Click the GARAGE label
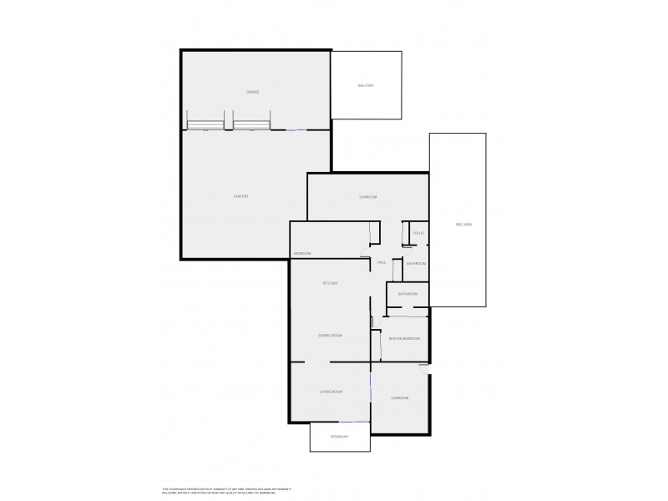[x=252, y=92]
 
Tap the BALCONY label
[x=366, y=86]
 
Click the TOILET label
[x=418, y=233]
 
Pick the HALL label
[x=381, y=263]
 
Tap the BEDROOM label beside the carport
[x=302, y=254]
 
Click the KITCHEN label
[x=331, y=284]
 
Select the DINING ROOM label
[x=331, y=336]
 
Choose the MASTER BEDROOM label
[x=404, y=338]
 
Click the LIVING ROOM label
[x=331, y=392]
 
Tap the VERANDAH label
[x=338, y=437]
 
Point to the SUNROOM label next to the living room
[x=400, y=397]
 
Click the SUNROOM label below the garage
[x=367, y=197]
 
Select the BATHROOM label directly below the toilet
[x=416, y=264]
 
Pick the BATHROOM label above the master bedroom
[x=407, y=294]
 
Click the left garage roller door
[x=205, y=126]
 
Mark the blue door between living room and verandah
[x=354, y=422]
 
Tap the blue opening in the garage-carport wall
[x=296, y=130]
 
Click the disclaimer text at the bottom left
[x=225, y=491]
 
